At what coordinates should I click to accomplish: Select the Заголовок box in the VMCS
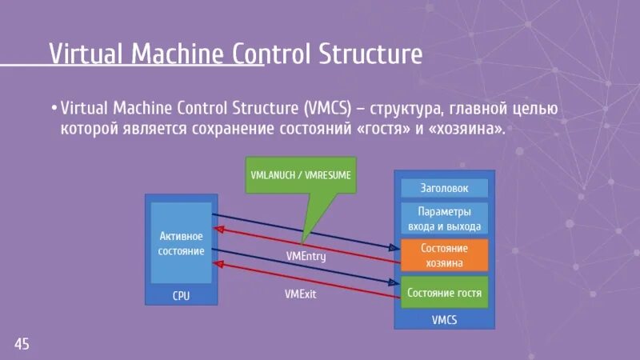click(x=444, y=188)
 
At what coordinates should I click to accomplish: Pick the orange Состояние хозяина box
click(x=444, y=255)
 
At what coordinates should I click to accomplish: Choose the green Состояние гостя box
click(x=444, y=293)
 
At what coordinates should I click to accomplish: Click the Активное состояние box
click(x=182, y=243)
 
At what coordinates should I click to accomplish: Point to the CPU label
click(x=182, y=296)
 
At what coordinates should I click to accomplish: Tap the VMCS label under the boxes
click(x=444, y=320)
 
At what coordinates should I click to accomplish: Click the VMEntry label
click(x=306, y=257)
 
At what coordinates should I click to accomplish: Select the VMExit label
click(x=301, y=294)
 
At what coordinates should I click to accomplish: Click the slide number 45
click(x=22, y=344)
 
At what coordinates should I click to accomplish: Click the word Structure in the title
click(x=370, y=54)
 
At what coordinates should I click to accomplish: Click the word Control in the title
click(x=272, y=54)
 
